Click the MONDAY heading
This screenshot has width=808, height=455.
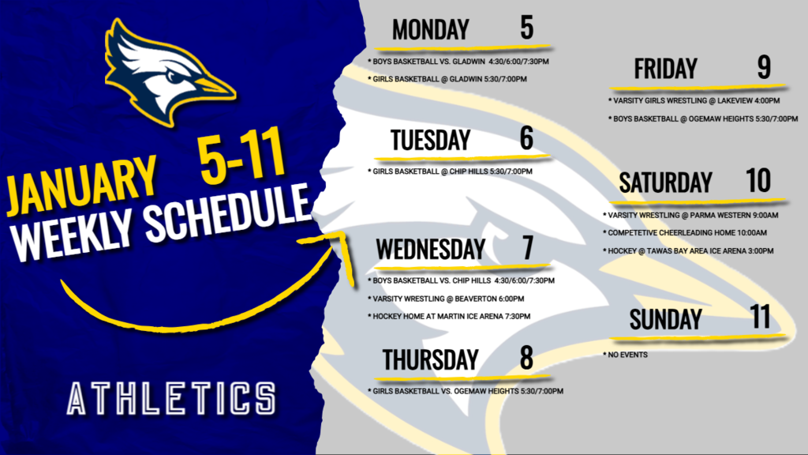pos(430,30)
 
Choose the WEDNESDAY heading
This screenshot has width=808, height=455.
pos(430,250)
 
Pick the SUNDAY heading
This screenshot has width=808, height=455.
pos(665,319)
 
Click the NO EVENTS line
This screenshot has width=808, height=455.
pos(627,355)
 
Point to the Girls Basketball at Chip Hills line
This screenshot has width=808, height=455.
pos(451,171)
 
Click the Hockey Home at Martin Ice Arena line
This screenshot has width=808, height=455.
pos(450,316)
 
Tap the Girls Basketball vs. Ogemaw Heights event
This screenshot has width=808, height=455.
pos(466,391)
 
